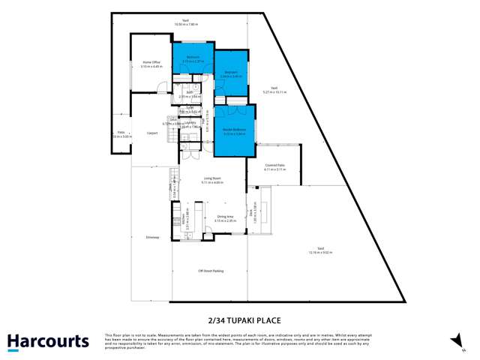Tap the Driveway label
point(152,238)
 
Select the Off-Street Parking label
point(210,271)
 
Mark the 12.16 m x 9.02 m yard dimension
point(320,253)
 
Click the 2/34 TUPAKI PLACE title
point(239,319)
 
